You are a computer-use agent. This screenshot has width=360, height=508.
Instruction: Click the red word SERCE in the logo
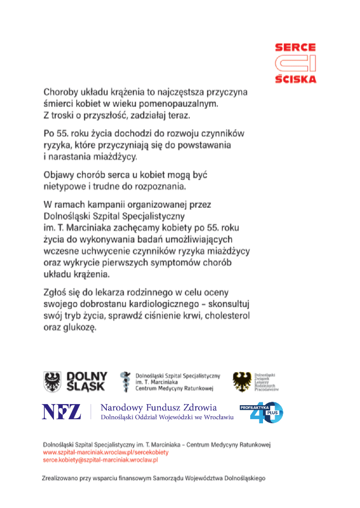[x=295, y=47]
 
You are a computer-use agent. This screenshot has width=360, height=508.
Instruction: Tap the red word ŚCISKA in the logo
[x=295, y=78]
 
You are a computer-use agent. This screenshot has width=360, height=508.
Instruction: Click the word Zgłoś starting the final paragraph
[x=57, y=293]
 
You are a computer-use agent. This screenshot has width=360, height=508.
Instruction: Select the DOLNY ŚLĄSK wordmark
[x=87, y=381]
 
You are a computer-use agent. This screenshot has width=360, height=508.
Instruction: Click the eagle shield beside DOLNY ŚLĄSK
[x=52, y=381]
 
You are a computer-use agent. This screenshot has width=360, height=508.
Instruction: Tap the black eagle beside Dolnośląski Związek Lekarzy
[x=242, y=381]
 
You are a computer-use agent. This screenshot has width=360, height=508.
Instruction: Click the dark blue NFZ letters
[x=61, y=412]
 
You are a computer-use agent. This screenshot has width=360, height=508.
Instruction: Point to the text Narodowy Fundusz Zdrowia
[x=159, y=408]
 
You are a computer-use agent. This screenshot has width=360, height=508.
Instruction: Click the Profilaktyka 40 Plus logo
[x=261, y=412]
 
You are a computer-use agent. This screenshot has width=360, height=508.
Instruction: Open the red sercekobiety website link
[x=106, y=452]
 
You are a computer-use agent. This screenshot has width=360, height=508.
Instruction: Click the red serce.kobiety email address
[x=100, y=459]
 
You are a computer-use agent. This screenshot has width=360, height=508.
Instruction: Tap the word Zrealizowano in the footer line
[x=64, y=479]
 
